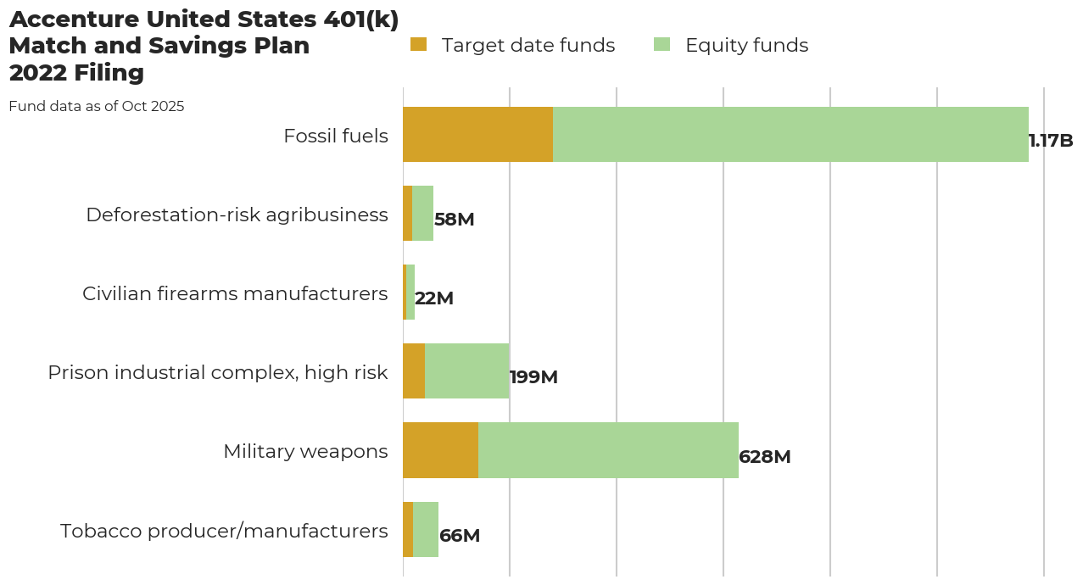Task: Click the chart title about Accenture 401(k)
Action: (x=204, y=46)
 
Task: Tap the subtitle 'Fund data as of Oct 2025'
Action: (x=97, y=107)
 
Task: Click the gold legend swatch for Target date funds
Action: (x=419, y=45)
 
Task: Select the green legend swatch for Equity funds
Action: (x=662, y=45)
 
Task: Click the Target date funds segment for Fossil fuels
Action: (x=477, y=134)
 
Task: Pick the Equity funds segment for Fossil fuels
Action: (x=790, y=134)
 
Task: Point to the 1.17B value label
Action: (x=1051, y=141)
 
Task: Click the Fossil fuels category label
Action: (x=336, y=136)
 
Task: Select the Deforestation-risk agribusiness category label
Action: (x=237, y=214)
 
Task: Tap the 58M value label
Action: (x=454, y=220)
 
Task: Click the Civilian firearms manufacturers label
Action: (x=235, y=293)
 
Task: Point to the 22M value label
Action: (x=434, y=298)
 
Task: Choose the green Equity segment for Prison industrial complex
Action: (x=466, y=370)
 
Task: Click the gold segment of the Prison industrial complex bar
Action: (x=414, y=370)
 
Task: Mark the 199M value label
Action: (x=533, y=377)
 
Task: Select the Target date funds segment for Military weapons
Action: (x=440, y=450)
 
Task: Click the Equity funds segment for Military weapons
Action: (x=608, y=450)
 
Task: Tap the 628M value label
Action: (x=765, y=457)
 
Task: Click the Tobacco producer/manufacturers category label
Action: (x=224, y=531)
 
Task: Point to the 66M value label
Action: (x=460, y=536)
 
